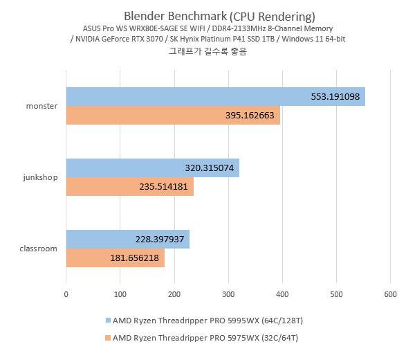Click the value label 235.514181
click(x=159, y=187)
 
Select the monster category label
click(x=41, y=106)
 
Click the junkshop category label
click(x=40, y=177)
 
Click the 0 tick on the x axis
click(x=66, y=294)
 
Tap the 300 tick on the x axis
click(x=228, y=294)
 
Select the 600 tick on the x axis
click(x=390, y=294)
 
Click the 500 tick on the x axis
click(x=336, y=294)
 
